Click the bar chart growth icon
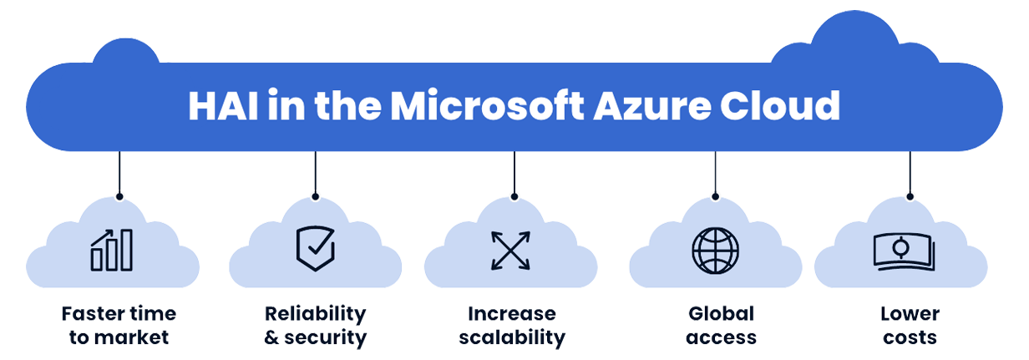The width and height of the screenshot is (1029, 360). click(x=112, y=250)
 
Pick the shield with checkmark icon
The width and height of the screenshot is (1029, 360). click(x=315, y=247)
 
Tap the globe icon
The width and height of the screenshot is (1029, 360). click(x=716, y=250)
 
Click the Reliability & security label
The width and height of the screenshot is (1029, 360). click(x=315, y=326)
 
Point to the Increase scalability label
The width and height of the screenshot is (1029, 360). click(x=510, y=326)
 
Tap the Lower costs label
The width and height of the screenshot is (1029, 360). click(x=910, y=326)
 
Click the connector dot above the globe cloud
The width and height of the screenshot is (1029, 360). click(x=716, y=197)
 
